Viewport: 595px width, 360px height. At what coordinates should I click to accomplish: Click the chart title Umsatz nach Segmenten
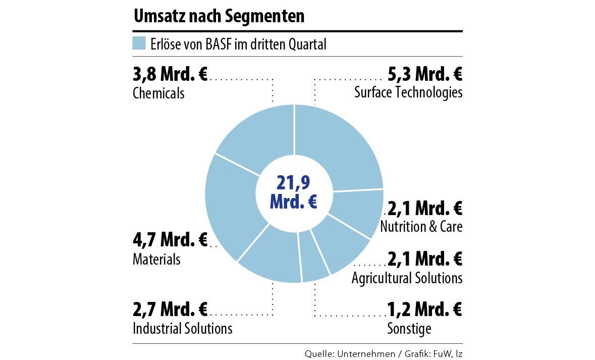coord(219,16)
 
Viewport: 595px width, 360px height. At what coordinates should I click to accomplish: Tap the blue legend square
coord(139,43)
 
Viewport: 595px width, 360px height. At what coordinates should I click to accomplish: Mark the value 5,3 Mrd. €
coord(424,75)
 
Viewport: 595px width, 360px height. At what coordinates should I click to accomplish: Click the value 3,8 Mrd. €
coord(170,75)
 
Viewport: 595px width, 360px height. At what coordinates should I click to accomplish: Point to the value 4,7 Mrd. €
coord(170,240)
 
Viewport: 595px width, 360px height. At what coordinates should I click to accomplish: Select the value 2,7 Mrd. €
coord(170,308)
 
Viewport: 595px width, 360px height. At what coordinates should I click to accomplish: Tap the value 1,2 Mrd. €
coord(424,308)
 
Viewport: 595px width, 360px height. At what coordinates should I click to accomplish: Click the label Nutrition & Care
coord(421,227)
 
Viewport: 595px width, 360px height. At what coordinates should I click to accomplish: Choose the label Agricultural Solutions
coord(407,278)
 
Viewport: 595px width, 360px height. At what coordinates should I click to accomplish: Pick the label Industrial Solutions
coord(182,328)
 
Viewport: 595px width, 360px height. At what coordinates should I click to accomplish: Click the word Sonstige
coord(409,329)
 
